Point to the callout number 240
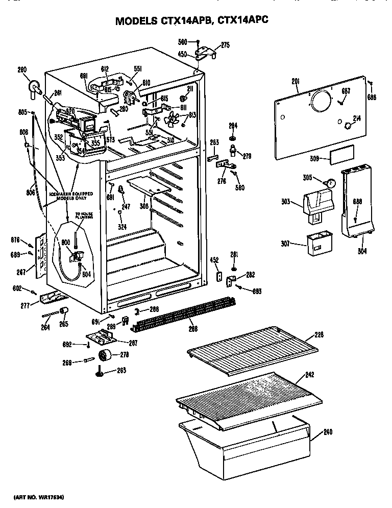click(327, 432)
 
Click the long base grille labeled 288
click(184, 313)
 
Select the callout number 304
click(363, 251)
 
